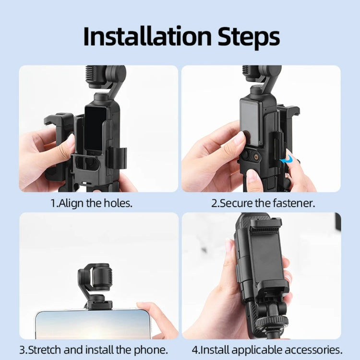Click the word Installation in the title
click(146, 36)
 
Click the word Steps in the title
click(245, 36)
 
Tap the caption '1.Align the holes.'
click(91, 203)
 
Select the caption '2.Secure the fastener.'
click(263, 203)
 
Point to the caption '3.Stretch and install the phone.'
click(93, 349)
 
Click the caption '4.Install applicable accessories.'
click(267, 349)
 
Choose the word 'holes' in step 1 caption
click(118, 203)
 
